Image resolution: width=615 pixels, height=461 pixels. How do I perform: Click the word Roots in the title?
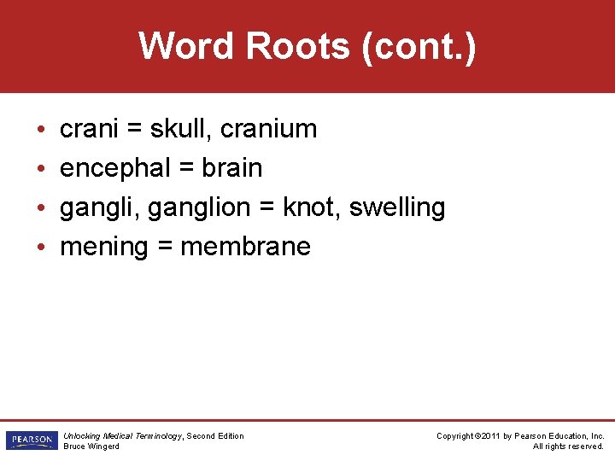pyautogui.click(x=297, y=46)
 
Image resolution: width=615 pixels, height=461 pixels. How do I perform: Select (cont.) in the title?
pyautogui.click(x=418, y=47)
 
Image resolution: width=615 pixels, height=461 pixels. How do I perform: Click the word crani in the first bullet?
pyautogui.click(x=90, y=130)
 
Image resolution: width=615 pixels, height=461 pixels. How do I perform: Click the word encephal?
pyautogui.click(x=115, y=168)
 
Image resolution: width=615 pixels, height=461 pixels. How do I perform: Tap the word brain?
pyautogui.click(x=231, y=168)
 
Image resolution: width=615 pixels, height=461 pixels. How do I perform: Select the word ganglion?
pyautogui.click(x=193, y=208)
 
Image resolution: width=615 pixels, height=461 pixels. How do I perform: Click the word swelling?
pyautogui.click(x=397, y=208)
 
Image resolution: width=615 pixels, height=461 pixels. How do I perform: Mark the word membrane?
pyautogui.click(x=246, y=247)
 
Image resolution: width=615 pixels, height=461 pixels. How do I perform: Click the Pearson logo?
pyautogui.click(x=31, y=441)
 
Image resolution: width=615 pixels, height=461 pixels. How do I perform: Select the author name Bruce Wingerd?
pyautogui.click(x=91, y=446)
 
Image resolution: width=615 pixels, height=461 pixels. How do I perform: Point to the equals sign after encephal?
pyautogui.click(x=186, y=169)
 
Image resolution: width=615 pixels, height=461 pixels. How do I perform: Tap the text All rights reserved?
pyautogui.click(x=568, y=446)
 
